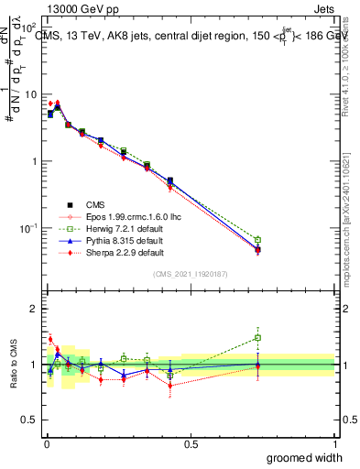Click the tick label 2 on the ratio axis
[x=35, y=309]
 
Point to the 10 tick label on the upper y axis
[x=30, y=94]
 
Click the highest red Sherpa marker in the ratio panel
[x=50, y=339]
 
